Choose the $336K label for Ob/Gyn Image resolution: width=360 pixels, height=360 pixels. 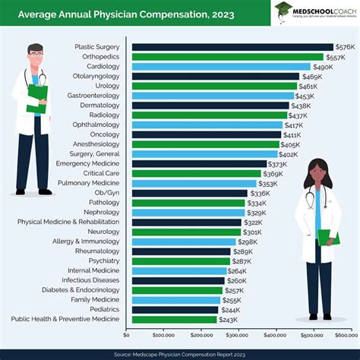260,193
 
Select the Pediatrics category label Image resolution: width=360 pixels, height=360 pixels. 102,310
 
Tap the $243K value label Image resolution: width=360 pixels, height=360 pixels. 229,319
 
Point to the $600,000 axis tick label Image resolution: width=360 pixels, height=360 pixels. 346,334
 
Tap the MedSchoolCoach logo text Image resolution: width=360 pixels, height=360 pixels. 324,9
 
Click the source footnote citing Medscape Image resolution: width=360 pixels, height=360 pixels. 179,353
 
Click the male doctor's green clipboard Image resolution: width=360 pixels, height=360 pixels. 37,97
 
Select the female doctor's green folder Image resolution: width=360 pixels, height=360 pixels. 327,237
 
